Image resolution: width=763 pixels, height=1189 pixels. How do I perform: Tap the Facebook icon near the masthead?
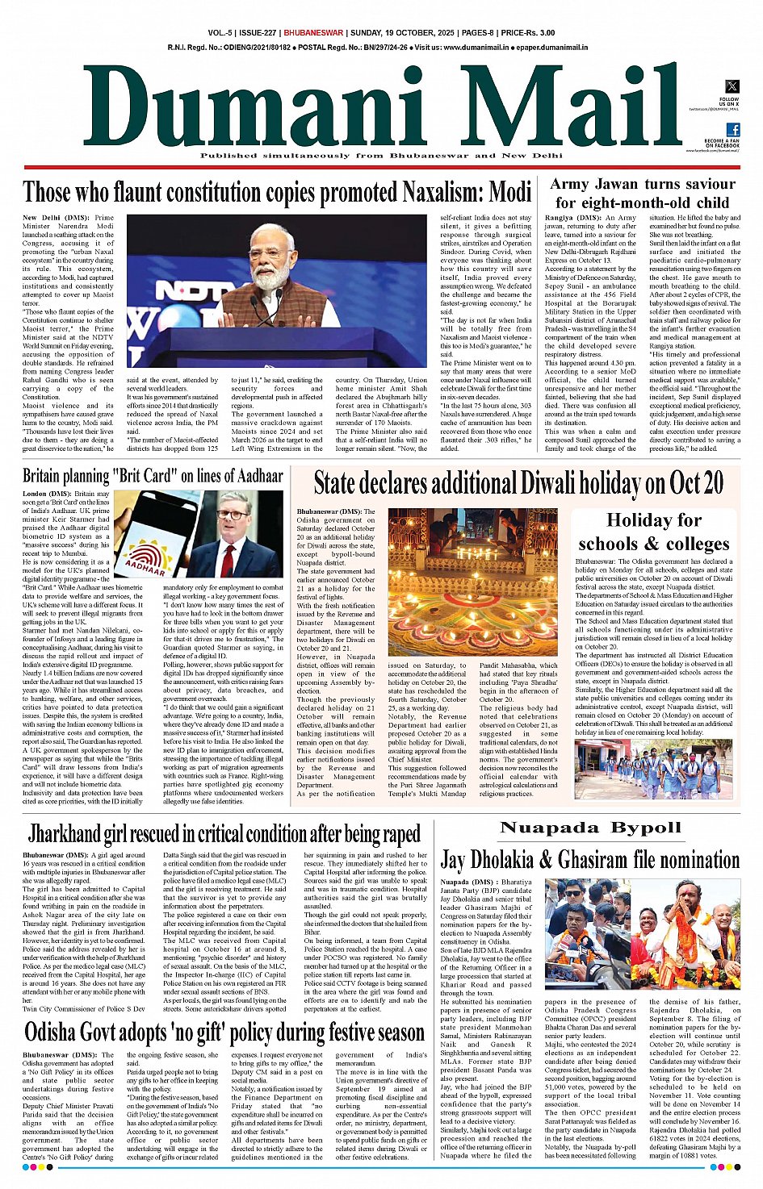click(732, 130)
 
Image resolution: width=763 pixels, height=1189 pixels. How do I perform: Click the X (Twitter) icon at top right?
click(732, 86)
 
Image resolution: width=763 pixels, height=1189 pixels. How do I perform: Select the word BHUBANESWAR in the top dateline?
click(314, 33)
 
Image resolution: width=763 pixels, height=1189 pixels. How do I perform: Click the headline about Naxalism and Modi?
click(277, 193)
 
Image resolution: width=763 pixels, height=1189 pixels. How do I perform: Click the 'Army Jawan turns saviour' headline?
click(642, 193)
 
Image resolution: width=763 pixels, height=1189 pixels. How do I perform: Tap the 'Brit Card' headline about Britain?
click(153, 476)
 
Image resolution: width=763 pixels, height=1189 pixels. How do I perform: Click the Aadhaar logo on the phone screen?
click(148, 557)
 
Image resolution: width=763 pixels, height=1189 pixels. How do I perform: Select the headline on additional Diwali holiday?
click(518, 483)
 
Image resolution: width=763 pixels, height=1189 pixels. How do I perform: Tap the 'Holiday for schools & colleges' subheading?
click(654, 532)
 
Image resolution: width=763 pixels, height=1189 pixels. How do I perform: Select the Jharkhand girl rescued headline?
click(224, 833)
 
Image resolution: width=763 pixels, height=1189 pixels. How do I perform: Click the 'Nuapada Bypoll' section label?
click(590, 828)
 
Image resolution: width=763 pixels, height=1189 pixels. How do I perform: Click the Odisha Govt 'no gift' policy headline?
click(224, 1032)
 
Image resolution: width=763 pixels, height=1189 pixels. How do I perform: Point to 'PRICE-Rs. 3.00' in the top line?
click(527, 33)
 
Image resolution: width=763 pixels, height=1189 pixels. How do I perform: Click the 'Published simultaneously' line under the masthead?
click(381, 156)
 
